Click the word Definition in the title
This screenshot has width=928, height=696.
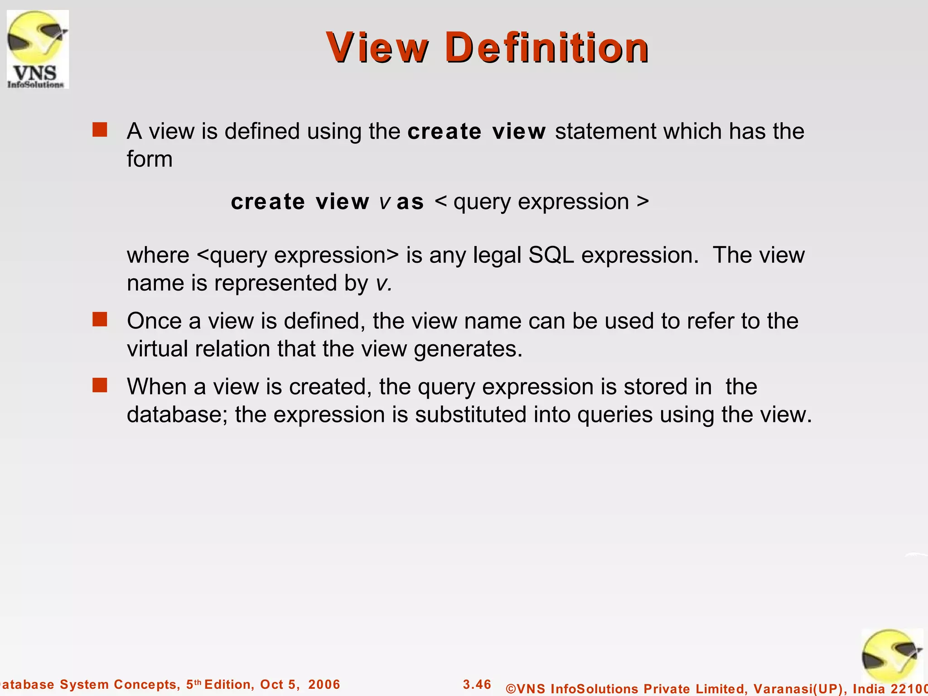[547, 48]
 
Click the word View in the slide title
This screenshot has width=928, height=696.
[377, 48]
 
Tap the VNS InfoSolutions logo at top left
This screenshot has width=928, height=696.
[38, 49]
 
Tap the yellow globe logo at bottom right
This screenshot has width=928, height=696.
[891, 657]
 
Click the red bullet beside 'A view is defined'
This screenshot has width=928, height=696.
[100, 130]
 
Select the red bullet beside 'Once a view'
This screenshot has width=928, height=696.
[100, 319]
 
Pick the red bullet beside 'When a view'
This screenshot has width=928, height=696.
[100, 386]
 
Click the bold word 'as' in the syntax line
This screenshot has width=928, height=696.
[410, 202]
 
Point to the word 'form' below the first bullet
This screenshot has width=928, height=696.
[150, 159]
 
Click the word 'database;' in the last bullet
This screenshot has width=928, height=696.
[177, 415]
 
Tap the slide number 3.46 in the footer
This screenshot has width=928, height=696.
[477, 684]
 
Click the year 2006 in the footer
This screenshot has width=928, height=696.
[324, 685]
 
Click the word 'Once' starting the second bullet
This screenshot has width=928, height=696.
[154, 321]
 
